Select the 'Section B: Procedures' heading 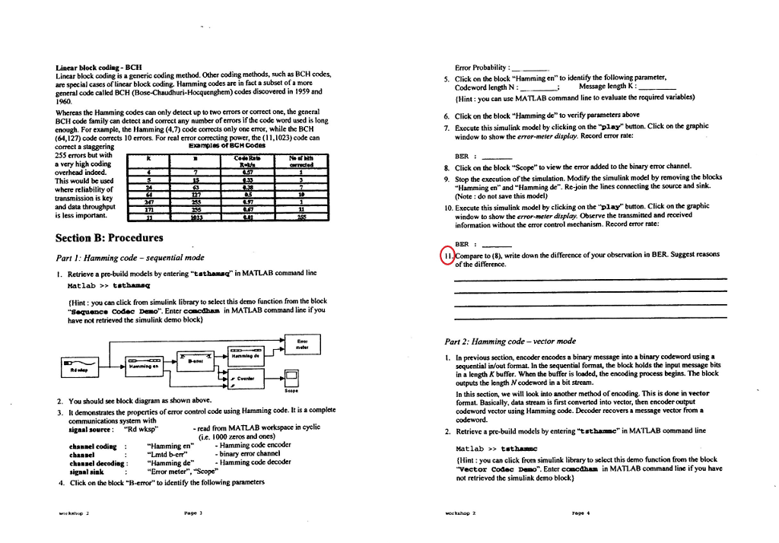(x=110, y=238)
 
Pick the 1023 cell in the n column (x=196, y=216)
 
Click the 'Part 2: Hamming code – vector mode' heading (x=510, y=341)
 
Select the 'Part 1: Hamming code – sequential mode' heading (x=131, y=257)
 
